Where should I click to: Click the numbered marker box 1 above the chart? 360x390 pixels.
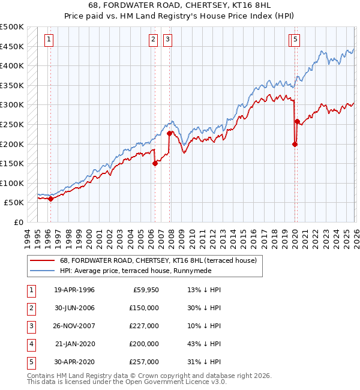49,40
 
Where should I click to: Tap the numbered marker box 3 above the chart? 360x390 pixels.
167,40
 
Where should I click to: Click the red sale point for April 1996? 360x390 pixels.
50,199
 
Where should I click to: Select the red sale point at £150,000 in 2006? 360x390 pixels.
155,163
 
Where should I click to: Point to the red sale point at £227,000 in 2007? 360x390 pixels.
170,133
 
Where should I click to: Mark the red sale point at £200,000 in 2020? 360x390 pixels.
295,144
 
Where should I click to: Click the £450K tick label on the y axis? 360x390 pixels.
12,46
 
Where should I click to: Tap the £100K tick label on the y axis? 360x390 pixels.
12,183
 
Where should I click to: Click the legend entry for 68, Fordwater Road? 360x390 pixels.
158,260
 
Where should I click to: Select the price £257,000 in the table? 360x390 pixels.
144,362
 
